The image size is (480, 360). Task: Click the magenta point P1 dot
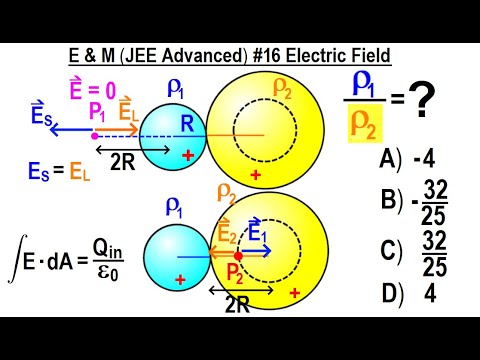coord(94,134)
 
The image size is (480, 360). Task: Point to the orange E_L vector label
coord(128,111)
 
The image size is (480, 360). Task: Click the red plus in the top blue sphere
coord(188,155)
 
